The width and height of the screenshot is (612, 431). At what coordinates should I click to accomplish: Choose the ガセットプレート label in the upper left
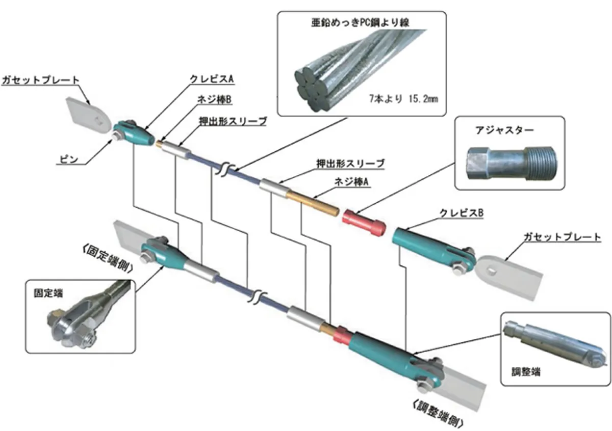point(41,80)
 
